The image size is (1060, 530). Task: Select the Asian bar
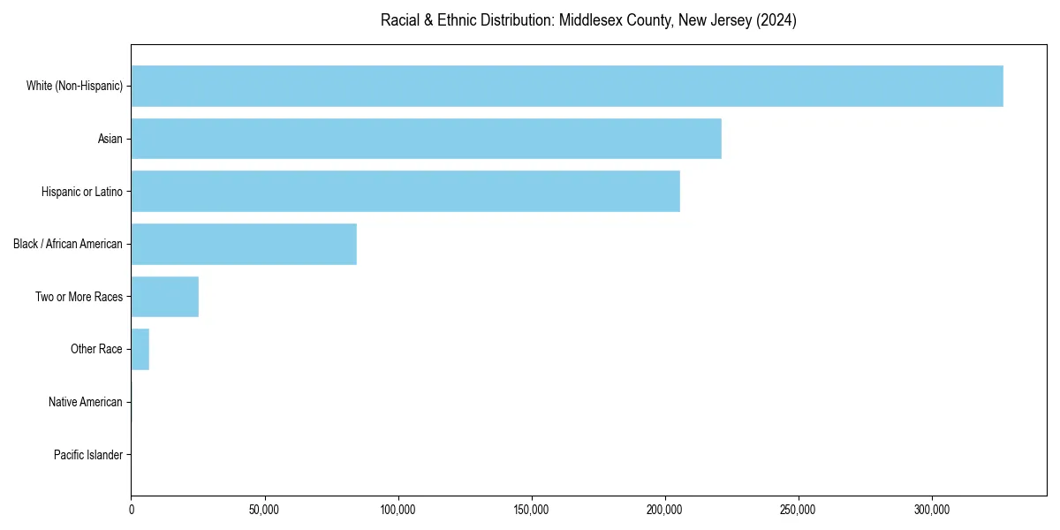click(426, 139)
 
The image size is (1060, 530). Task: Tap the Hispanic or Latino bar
click(405, 191)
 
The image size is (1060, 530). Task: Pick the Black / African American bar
click(244, 244)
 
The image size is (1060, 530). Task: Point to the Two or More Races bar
click(165, 297)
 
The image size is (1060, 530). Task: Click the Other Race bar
click(140, 349)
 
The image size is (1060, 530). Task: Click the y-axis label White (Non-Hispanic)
click(74, 86)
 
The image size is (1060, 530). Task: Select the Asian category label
click(110, 139)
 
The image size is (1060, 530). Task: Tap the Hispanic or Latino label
click(82, 191)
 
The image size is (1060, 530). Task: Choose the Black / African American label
click(68, 244)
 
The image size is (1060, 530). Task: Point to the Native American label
click(86, 402)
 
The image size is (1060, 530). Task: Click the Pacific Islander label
click(88, 455)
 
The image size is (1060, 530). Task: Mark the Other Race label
click(96, 349)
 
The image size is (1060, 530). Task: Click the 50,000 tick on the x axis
click(265, 510)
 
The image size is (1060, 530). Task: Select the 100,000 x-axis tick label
click(398, 510)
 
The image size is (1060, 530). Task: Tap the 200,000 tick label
click(665, 510)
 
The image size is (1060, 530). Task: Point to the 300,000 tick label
click(932, 510)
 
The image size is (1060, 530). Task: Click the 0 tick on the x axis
click(132, 510)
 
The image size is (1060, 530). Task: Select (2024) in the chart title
click(777, 20)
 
